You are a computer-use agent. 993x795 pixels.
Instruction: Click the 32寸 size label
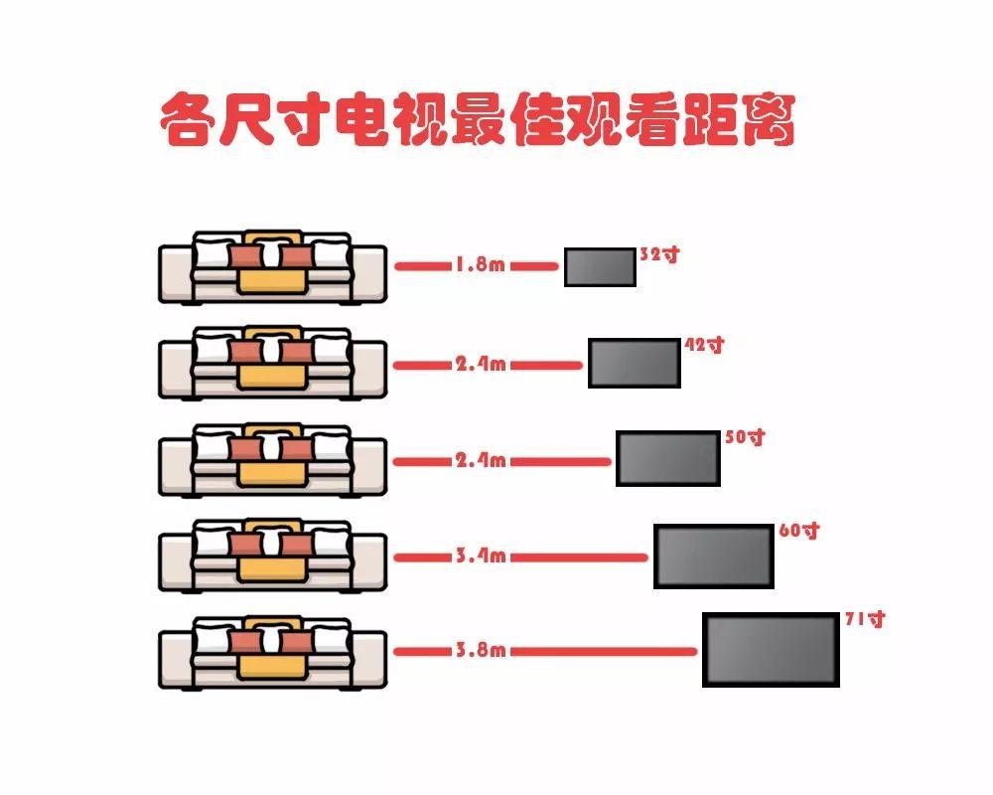[659, 254]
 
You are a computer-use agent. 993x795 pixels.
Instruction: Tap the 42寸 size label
[705, 346]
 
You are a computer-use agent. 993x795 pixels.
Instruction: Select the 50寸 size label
[745, 436]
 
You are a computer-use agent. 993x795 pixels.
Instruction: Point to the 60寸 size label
[799, 531]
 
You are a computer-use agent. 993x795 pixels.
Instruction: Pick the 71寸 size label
[864, 619]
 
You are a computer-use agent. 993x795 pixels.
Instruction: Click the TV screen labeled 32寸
[600, 267]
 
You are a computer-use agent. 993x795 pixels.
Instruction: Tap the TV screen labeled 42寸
[635, 363]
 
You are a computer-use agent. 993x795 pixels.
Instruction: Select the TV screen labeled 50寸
[667, 458]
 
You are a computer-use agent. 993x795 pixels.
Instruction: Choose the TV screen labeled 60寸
[713, 556]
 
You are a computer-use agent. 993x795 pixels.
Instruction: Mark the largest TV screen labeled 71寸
[771, 649]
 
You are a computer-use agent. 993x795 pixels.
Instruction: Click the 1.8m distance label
[481, 266]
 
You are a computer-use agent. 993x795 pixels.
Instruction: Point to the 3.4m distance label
[481, 556]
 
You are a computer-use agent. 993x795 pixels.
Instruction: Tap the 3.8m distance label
[481, 651]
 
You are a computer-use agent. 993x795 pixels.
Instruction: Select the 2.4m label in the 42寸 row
[481, 365]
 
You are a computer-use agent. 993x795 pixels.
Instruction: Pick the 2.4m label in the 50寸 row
[481, 461]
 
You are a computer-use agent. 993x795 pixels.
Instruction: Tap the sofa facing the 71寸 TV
[272, 653]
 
